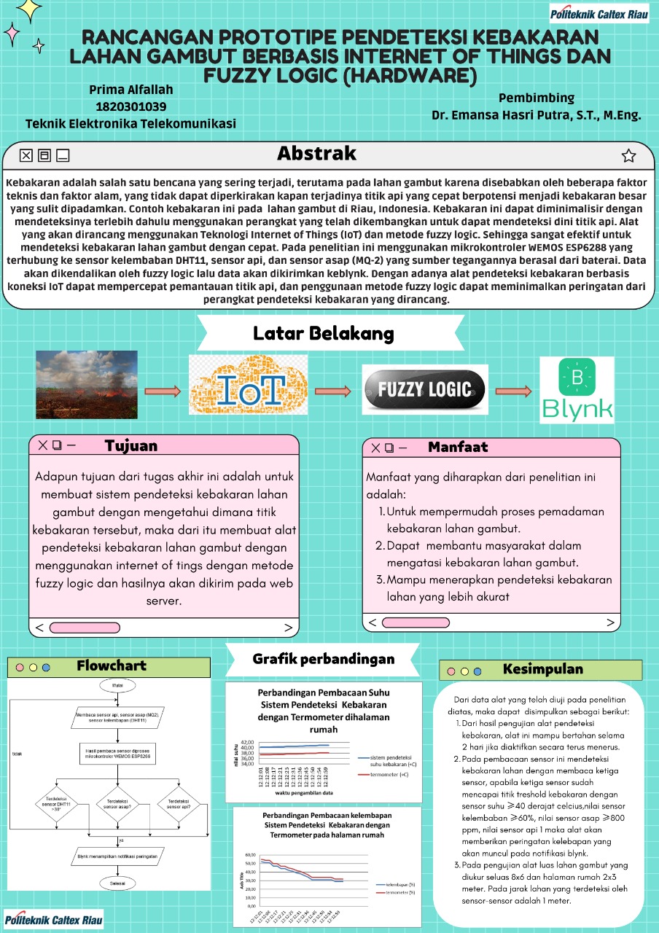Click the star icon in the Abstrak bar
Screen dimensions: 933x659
628,155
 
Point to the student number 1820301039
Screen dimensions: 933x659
131,107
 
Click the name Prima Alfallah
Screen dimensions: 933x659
131,90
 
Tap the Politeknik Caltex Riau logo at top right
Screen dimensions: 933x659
598,13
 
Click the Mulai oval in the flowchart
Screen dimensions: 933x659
117,687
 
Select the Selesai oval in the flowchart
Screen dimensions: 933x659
117,883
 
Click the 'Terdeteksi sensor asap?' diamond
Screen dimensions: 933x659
117,803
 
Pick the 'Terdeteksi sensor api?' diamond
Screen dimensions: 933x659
178,803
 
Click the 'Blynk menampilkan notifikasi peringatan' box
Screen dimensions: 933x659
117,856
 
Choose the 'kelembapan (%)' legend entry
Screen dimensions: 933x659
397,883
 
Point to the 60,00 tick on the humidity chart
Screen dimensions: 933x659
249,855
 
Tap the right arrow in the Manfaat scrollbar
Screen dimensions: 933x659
611,622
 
